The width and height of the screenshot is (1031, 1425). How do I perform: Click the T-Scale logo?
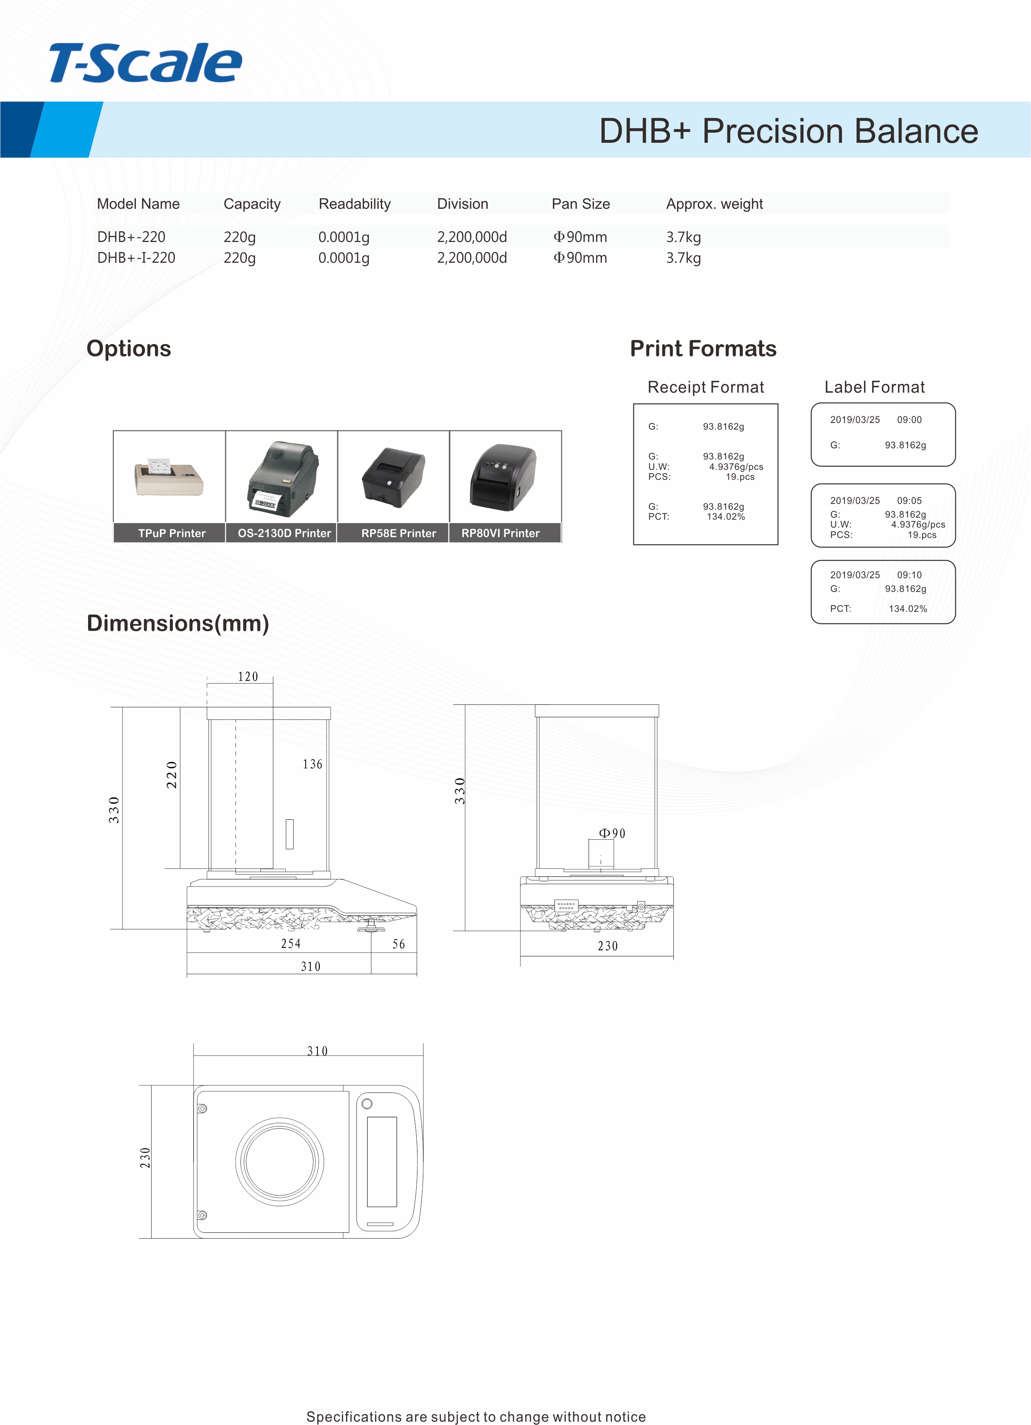(x=145, y=64)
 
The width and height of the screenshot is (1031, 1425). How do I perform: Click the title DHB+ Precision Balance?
(x=788, y=131)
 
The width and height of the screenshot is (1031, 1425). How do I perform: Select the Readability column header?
(x=355, y=204)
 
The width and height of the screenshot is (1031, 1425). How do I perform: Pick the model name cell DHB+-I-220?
(x=136, y=258)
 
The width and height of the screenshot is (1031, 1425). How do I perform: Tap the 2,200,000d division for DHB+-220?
(x=471, y=237)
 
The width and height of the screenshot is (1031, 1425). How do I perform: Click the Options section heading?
(x=129, y=349)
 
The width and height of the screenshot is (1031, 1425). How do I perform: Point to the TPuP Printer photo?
(x=169, y=477)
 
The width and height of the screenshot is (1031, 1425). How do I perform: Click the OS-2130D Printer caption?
(x=284, y=533)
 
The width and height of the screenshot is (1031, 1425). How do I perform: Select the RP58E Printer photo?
(x=393, y=477)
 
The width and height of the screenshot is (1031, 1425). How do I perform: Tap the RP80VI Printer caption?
(x=501, y=533)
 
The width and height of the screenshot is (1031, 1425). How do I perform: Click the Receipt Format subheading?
(x=705, y=387)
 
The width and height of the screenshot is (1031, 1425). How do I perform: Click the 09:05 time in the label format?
(x=909, y=501)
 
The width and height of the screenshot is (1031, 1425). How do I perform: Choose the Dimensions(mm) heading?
(x=178, y=623)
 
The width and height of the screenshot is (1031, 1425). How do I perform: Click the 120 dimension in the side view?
(x=248, y=677)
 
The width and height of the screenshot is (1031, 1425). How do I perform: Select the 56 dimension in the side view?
(x=399, y=944)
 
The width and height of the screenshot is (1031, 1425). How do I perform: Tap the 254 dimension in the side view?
(x=290, y=944)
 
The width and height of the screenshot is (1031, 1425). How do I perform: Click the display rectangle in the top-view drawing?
(x=382, y=1162)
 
